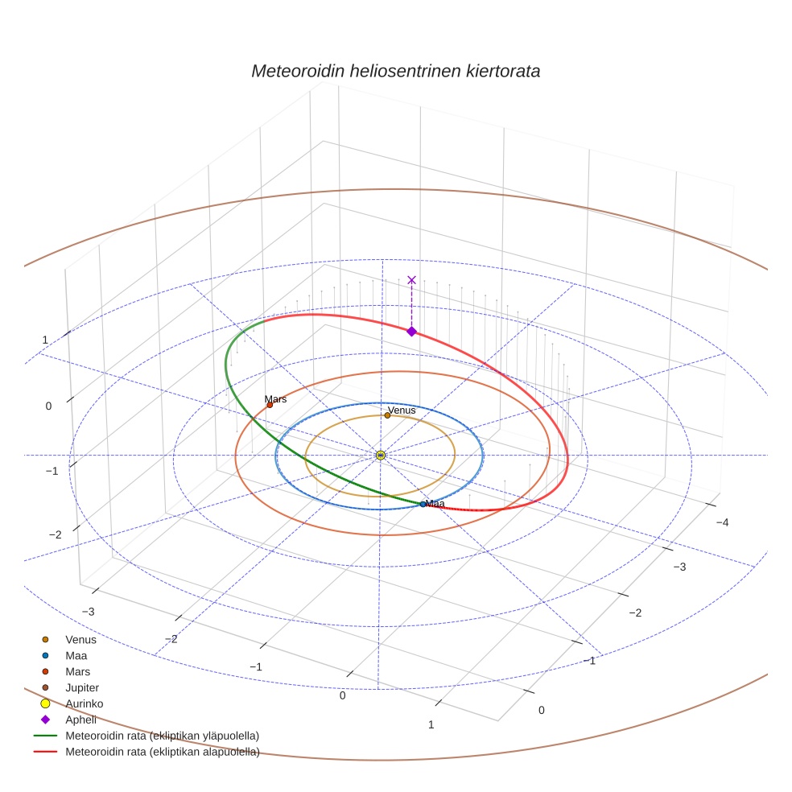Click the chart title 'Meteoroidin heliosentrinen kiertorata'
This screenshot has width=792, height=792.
tap(395, 71)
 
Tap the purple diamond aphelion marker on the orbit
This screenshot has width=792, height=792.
tap(411, 332)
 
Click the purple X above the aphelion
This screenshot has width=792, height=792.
tap(411, 280)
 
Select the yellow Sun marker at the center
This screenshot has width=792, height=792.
tap(381, 455)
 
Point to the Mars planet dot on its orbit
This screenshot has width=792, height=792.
tap(270, 405)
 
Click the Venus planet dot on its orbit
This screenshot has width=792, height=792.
tap(387, 415)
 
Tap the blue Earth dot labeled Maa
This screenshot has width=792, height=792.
tap(423, 504)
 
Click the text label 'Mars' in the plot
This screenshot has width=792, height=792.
tap(275, 399)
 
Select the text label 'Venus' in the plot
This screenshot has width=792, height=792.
tap(402, 410)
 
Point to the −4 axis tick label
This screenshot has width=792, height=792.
tap(722, 522)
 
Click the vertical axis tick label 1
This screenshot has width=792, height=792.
tap(45, 340)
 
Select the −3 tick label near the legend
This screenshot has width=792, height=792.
tap(88, 612)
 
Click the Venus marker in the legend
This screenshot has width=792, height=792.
tap(45, 639)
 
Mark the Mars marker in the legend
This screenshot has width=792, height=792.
tap(45, 672)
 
